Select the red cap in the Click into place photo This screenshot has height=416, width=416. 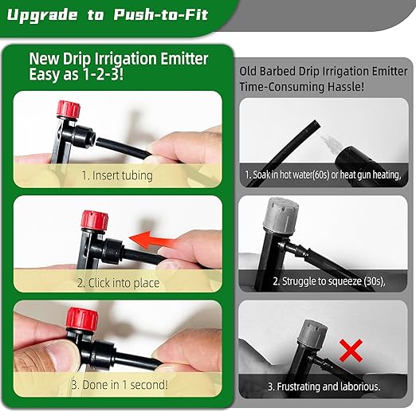click(95, 220)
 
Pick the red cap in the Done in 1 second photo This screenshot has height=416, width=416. click(83, 320)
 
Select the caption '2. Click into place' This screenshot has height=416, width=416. click(118, 283)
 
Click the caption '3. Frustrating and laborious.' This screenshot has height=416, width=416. click(323, 387)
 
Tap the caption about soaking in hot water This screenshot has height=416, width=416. click(323, 175)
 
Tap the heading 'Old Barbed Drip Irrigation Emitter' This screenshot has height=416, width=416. click(323, 70)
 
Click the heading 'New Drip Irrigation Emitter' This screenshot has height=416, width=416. click(119, 58)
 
